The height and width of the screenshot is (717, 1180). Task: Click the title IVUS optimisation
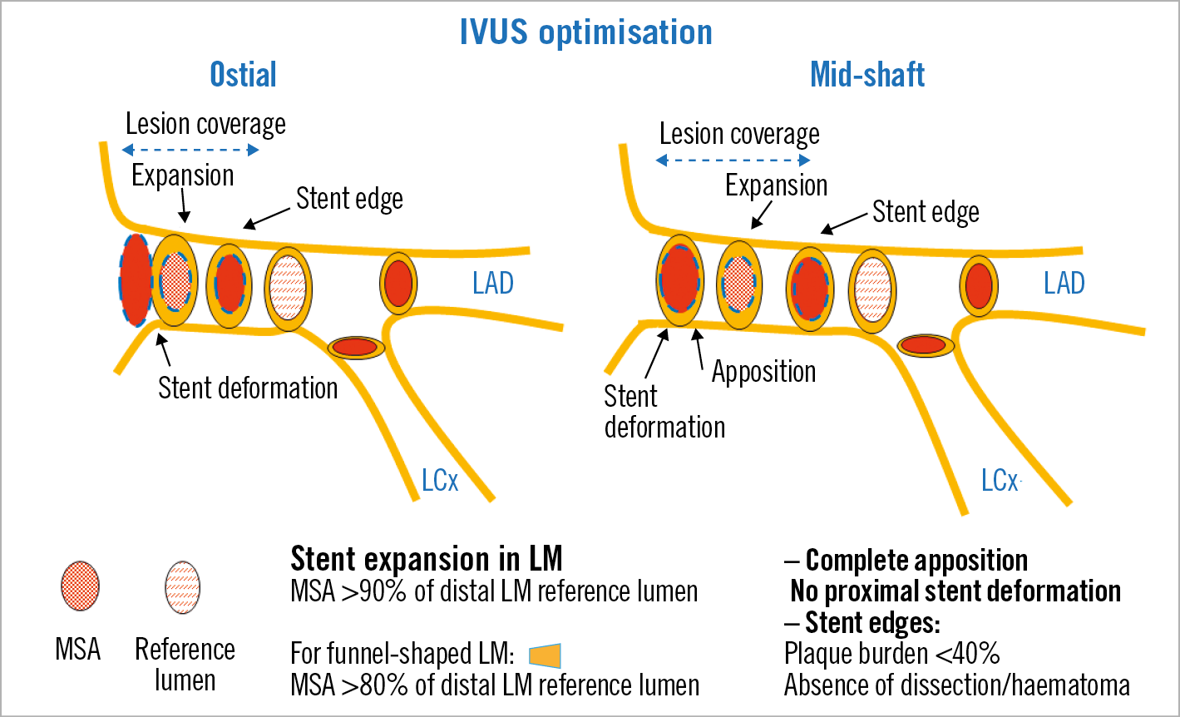click(x=586, y=32)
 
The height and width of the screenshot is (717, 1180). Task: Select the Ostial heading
click(x=243, y=75)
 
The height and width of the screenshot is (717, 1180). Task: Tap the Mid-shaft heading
click(x=867, y=75)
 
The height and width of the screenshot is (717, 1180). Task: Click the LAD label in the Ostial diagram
click(x=493, y=284)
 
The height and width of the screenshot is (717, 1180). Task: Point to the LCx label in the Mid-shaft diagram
click(x=1000, y=481)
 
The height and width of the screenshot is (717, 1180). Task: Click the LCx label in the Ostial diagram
click(x=440, y=481)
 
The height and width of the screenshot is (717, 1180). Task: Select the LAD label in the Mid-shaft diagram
click(x=1064, y=284)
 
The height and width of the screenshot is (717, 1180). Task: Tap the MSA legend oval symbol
click(x=80, y=586)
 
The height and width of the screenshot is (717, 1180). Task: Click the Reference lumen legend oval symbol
click(x=183, y=586)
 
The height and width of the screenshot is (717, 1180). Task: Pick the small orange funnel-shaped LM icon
click(x=546, y=655)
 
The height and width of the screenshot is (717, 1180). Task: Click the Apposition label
click(x=763, y=372)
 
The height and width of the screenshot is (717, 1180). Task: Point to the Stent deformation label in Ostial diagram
click(x=248, y=388)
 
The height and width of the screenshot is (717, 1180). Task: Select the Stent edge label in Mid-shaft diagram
click(x=926, y=213)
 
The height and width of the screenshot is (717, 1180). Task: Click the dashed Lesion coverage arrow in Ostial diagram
click(x=190, y=151)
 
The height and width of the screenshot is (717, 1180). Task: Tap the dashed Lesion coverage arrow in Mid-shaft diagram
click(x=733, y=160)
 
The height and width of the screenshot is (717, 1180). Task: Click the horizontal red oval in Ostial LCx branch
click(x=356, y=347)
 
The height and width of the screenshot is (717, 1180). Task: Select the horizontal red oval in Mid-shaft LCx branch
click(x=926, y=344)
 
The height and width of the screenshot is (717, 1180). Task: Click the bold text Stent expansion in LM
click(x=427, y=559)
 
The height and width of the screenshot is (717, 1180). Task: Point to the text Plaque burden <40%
click(x=891, y=655)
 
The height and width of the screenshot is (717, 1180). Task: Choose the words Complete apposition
click(x=916, y=561)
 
